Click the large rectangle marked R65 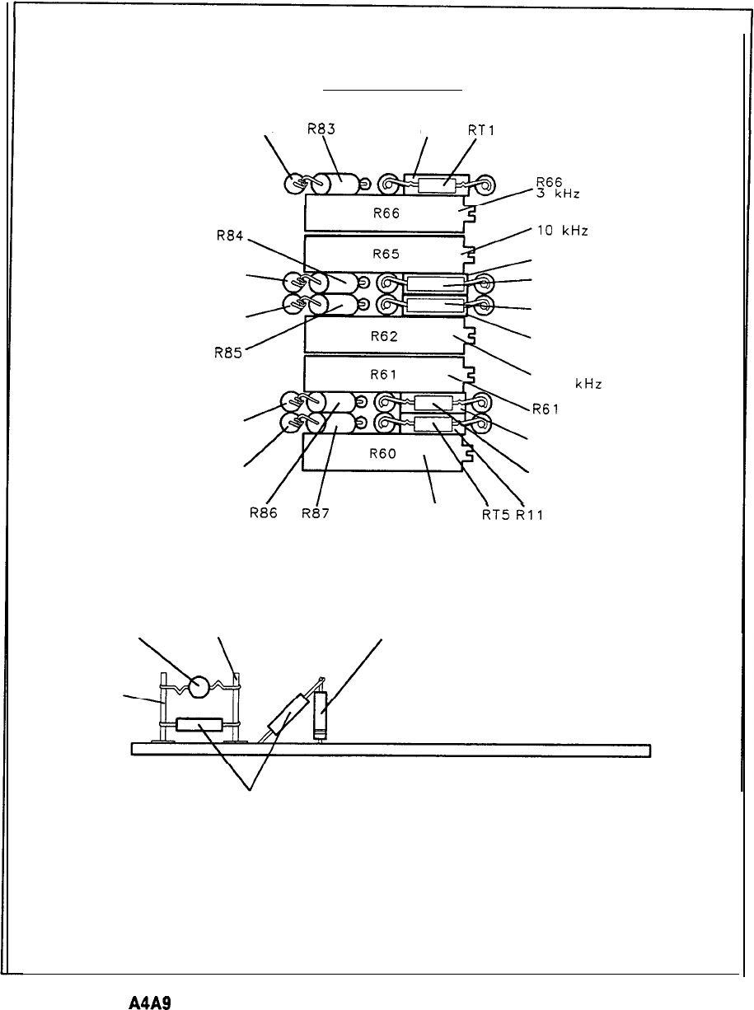click(383, 254)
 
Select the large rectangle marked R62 click(383, 335)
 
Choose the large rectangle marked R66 click(383, 213)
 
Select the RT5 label click(496, 516)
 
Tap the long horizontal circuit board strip click(391, 749)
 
